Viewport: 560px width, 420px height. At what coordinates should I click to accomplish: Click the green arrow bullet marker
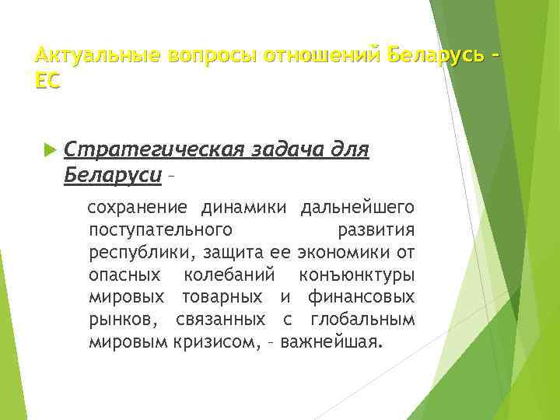click(51, 148)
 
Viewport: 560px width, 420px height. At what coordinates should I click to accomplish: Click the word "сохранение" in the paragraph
click(137, 208)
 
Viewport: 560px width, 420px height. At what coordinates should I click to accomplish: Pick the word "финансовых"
click(361, 297)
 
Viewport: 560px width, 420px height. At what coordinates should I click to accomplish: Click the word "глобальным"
click(362, 320)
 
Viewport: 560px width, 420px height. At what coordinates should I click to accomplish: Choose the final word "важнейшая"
click(332, 341)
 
